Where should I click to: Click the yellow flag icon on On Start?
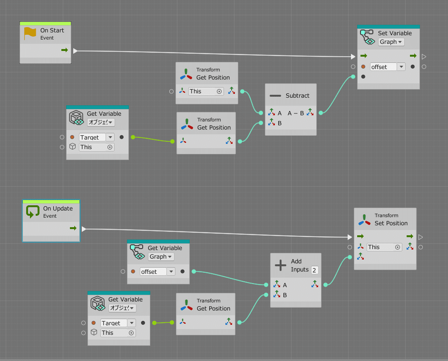click(x=30, y=33)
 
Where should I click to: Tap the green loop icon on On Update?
click(x=33, y=211)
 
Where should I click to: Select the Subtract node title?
click(x=297, y=96)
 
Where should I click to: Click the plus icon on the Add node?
click(x=281, y=265)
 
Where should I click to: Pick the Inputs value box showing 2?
click(x=314, y=270)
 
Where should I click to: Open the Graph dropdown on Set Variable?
click(x=391, y=42)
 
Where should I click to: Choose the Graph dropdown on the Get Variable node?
click(x=161, y=257)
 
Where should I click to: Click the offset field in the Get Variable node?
click(x=153, y=272)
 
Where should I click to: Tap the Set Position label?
click(x=391, y=223)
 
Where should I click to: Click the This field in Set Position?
click(x=383, y=247)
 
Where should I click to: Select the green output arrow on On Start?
click(x=64, y=50)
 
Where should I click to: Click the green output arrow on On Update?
click(x=73, y=229)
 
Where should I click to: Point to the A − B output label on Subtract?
click(x=295, y=113)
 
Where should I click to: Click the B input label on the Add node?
click(x=285, y=295)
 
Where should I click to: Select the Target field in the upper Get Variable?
click(x=92, y=138)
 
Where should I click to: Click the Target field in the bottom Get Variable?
click(x=114, y=323)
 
